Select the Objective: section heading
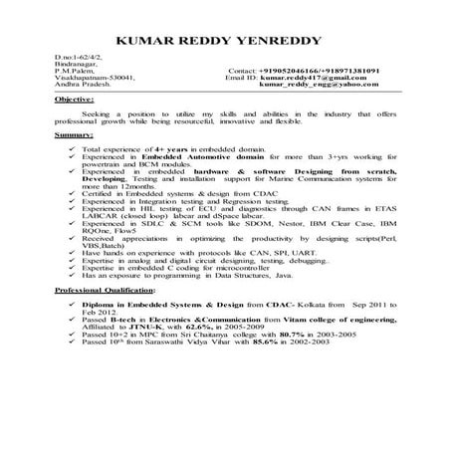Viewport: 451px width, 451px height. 77,103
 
